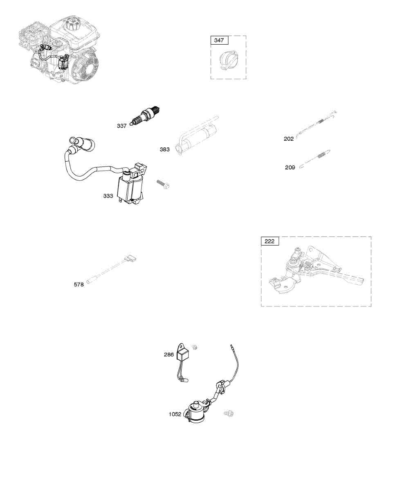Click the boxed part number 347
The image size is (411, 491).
[x=220, y=40]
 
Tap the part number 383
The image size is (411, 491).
[x=164, y=150]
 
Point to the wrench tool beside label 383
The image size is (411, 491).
[x=196, y=135]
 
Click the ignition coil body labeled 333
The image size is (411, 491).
[x=130, y=187]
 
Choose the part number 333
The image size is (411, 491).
[x=108, y=196]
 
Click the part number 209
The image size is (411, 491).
[x=290, y=167]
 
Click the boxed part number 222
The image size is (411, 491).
[x=270, y=241]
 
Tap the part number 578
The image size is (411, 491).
[x=79, y=285]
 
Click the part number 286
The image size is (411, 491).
[x=169, y=355]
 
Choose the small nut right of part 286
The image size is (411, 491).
[x=195, y=347]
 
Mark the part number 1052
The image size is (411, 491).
[x=175, y=414]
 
